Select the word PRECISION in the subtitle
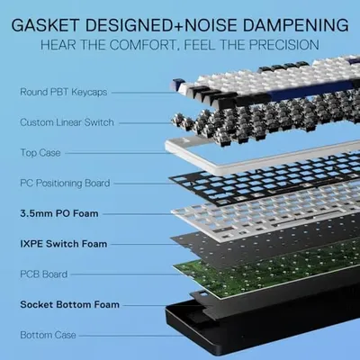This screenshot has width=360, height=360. tap(284, 45)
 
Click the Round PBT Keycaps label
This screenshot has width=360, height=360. tap(63, 92)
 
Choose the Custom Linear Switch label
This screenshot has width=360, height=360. tap(67, 122)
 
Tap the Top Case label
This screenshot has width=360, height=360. tap(40, 153)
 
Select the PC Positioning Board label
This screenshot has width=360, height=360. tap(65, 183)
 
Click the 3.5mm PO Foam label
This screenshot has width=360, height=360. tap(59, 213)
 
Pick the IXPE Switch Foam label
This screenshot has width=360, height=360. tap(64, 244)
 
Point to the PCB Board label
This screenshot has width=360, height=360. tap(44, 274)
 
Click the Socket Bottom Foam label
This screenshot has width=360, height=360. tap(69, 304)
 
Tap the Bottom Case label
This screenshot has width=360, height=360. tap(48, 335)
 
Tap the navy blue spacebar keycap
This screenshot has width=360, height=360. tap(312, 92)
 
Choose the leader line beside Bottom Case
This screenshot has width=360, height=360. tap(131, 335)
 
